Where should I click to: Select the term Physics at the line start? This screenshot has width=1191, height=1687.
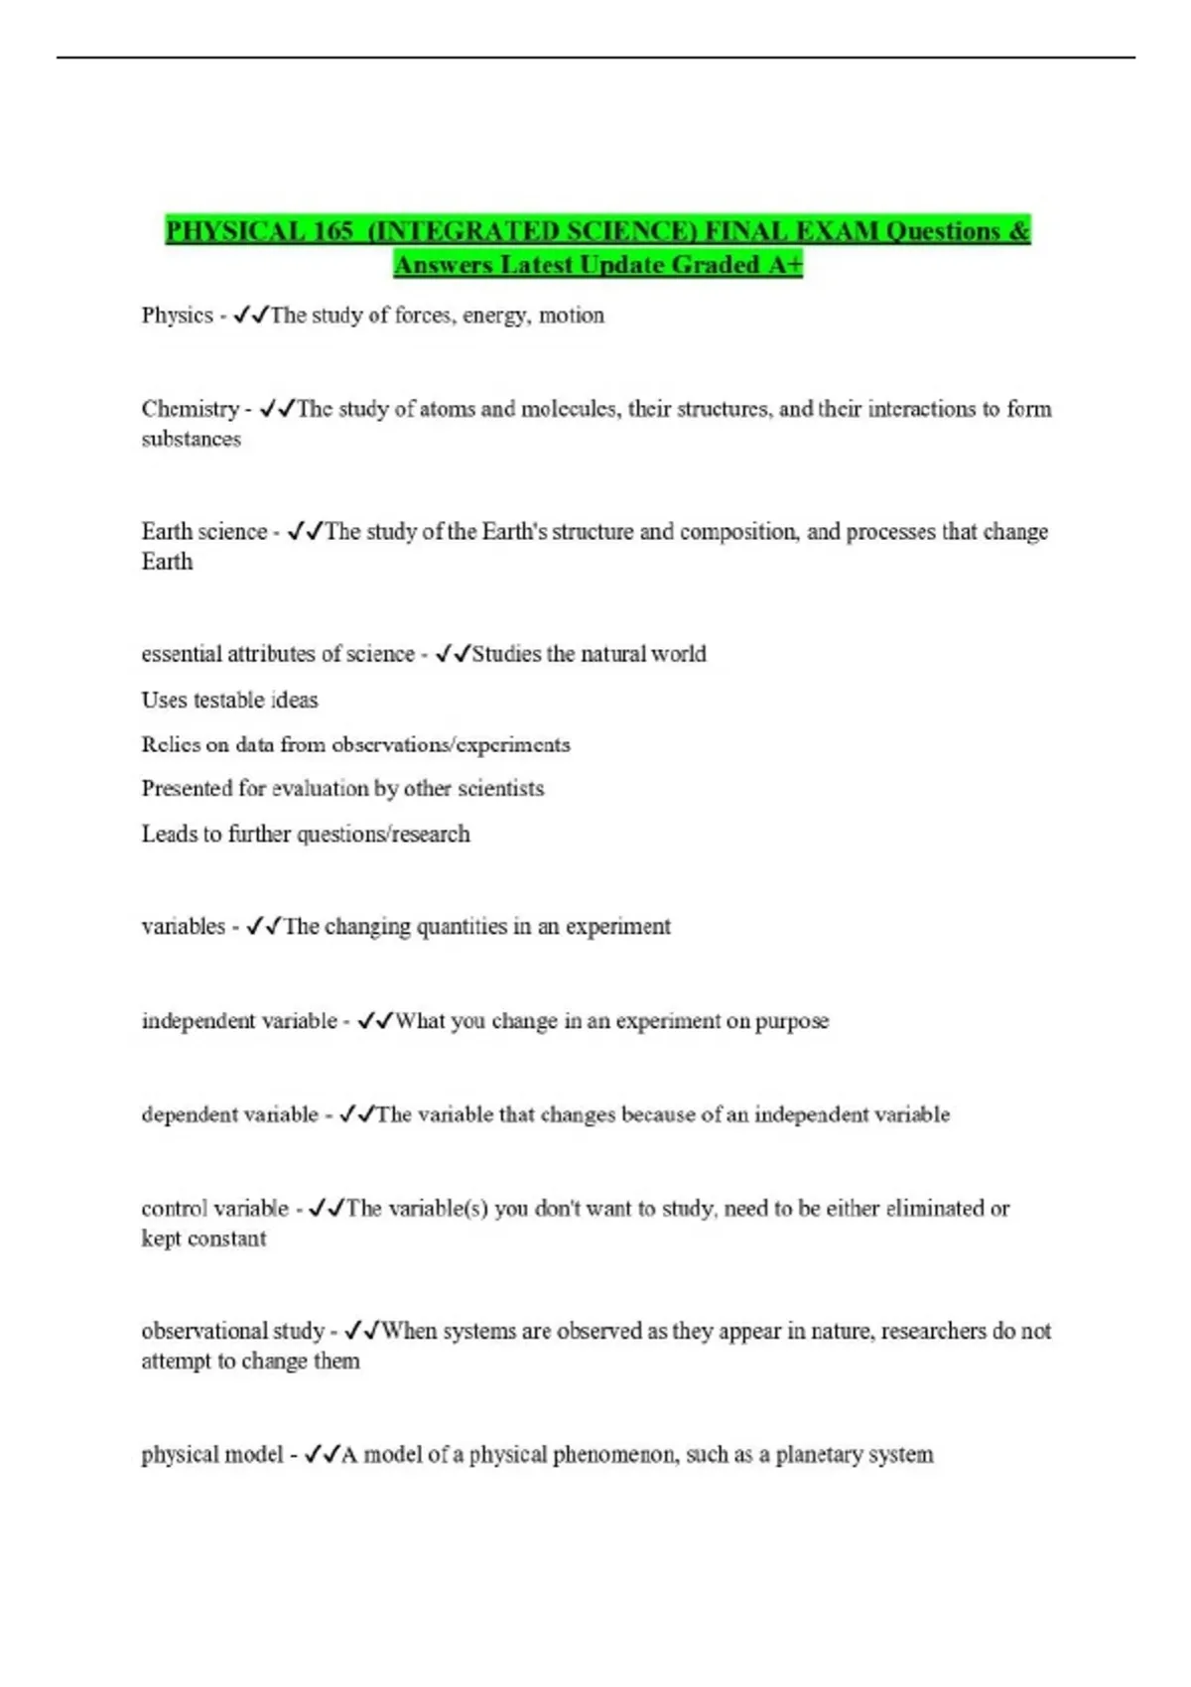click(x=177, y=316)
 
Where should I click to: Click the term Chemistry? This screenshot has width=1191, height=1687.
click(x=190, y=409)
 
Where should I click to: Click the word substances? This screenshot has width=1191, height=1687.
click(x=191, y=439)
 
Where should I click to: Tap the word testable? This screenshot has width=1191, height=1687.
click(x=229, y=700)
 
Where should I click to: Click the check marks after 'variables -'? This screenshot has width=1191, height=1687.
click(x=264, y=926)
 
